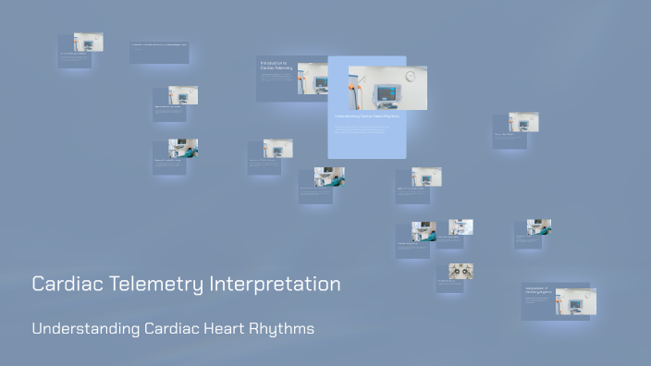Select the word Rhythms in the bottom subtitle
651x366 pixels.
click(281, 329)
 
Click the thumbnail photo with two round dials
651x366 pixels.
click(461, 271)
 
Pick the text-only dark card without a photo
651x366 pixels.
click(159, 52)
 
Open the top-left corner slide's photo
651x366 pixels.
click(89, 42)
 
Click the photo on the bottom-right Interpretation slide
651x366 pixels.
click(575, 301)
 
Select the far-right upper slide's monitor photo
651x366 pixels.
click(523, 122)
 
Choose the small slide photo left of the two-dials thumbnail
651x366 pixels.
click(424, 232)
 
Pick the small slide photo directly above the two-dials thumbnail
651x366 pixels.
click(461, 226)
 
